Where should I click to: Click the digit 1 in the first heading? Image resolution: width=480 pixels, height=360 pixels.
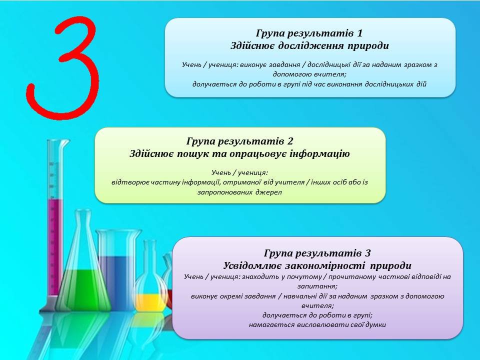coord(359,33)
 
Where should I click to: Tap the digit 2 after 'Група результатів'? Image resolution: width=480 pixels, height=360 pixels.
coord(290,141)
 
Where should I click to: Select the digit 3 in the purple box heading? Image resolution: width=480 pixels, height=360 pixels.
coord(367,253)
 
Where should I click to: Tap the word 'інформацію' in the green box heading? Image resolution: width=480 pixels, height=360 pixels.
coord(319,153)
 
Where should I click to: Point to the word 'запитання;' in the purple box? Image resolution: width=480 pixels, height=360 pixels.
coord(317,286)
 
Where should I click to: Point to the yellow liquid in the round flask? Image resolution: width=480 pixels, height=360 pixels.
coord(150,301)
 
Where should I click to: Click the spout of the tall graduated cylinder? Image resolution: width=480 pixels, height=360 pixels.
coord(66,142)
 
